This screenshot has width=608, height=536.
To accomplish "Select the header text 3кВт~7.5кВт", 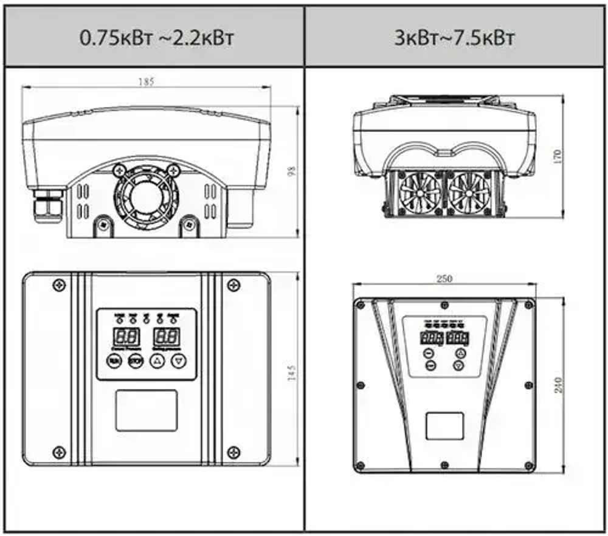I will click(454, 38).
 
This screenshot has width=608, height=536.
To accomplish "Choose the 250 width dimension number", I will click(444, 278).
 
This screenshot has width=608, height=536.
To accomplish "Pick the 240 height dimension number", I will click(559, 384).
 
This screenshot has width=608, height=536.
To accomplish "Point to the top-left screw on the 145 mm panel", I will click(59, 284).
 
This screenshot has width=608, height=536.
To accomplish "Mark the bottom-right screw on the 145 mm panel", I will click(233, 452).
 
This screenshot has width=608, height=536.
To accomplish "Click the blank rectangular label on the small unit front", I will click(147, 411).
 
